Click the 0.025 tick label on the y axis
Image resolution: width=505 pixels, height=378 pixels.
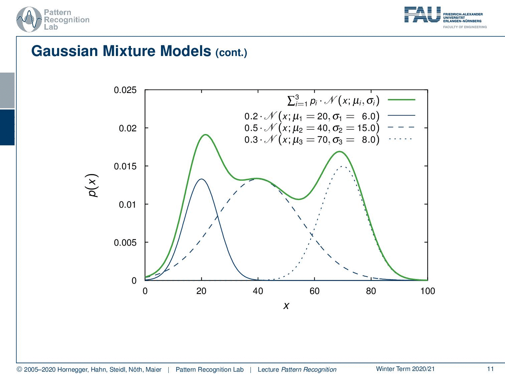click(125, 90)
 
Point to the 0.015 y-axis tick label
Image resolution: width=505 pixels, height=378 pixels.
click(125, 166)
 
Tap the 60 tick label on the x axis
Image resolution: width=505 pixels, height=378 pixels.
click(314, 291)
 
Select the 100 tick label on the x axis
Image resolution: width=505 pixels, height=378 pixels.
click(428, 291)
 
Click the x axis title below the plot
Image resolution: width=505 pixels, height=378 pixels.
click(286, 305)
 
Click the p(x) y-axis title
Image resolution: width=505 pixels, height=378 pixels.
click(93, 186)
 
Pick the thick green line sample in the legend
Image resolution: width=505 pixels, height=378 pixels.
click(401, 100)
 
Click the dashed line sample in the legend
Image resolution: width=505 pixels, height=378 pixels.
click(401, 127)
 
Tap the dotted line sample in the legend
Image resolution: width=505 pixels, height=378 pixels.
click(401, 139)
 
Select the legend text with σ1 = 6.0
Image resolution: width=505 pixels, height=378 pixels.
click(312, 116)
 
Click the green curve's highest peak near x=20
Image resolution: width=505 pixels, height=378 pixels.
click(205, 135)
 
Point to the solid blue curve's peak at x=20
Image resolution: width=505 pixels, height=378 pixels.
click(201, 179)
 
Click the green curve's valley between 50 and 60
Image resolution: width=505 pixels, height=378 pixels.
click(299, 199)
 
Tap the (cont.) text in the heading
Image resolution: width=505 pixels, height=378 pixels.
click(231, 53)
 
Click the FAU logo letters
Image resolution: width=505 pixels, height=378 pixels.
click(422, 15)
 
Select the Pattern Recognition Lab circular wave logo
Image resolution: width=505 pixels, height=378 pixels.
click(29, 20)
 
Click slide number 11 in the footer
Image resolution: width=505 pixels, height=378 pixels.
click(490, 369)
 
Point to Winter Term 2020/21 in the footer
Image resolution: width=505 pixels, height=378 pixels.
click(405, 369)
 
